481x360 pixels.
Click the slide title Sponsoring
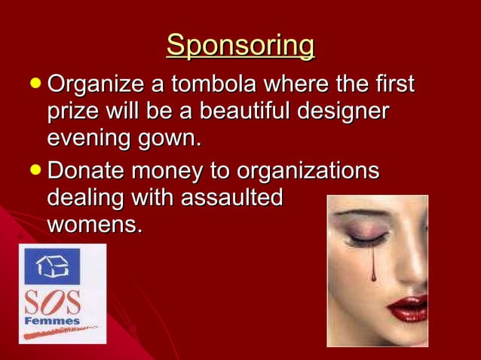(x=240, y=45)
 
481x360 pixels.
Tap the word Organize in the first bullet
(x=93, y=84)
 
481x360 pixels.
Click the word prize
(x=72, y=112)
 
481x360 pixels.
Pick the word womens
(x=94, y=224)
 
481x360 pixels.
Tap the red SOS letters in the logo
(x=53, y=301)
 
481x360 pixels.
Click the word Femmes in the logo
(x=53, y=322)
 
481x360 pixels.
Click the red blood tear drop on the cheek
(x=372, y=275)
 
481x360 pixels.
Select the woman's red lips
(x=407, y=307)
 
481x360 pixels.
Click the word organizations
(x=308, y=169)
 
